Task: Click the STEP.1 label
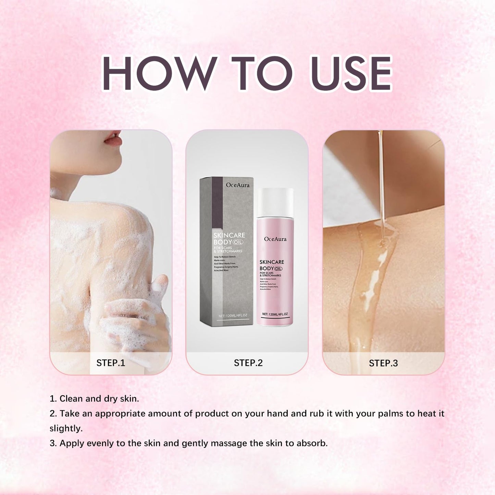(111, 363)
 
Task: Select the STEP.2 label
(248, 363)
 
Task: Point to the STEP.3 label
(383, 363)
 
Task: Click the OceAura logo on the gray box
(237, 185)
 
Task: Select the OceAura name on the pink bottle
(275, 239)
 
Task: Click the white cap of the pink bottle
(275, 202)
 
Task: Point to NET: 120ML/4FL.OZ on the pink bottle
(275, 314)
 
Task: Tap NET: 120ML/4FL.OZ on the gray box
(233, 315)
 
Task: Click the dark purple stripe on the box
(217, 202)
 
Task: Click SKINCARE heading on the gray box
(229, 235)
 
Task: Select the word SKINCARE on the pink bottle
(272, 262)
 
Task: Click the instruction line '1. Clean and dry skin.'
(94, 398)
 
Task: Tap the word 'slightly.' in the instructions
(66, 428)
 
